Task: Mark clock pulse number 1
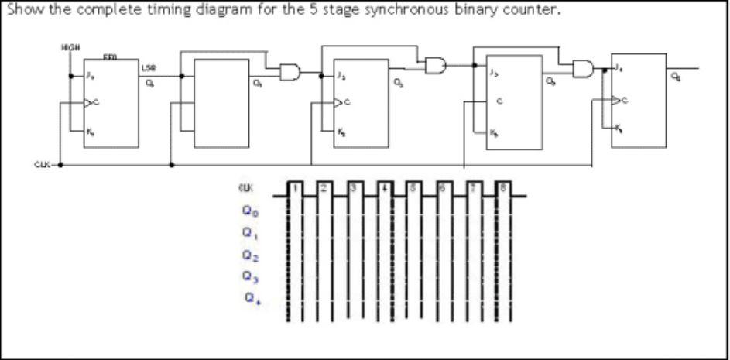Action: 294,187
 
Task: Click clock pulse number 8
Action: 502,187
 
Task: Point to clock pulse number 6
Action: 444,187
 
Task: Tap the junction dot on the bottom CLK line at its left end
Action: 61,164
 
